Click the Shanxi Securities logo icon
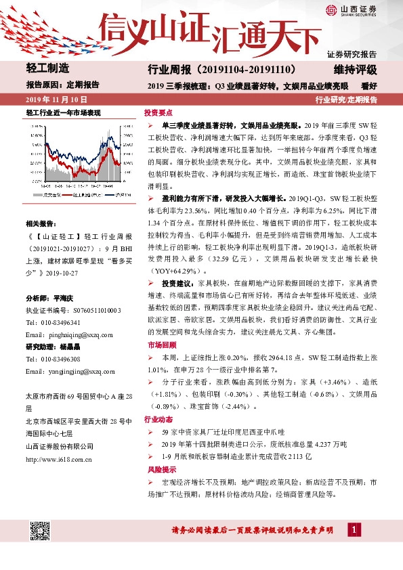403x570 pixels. coord(331,10)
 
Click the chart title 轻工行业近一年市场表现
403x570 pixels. coord(63,112)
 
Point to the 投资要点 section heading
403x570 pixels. coord(159,113)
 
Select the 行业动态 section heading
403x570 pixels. coord(159,420)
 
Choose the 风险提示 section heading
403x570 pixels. coord(159,469)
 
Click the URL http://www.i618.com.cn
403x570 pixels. coord(59,460)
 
